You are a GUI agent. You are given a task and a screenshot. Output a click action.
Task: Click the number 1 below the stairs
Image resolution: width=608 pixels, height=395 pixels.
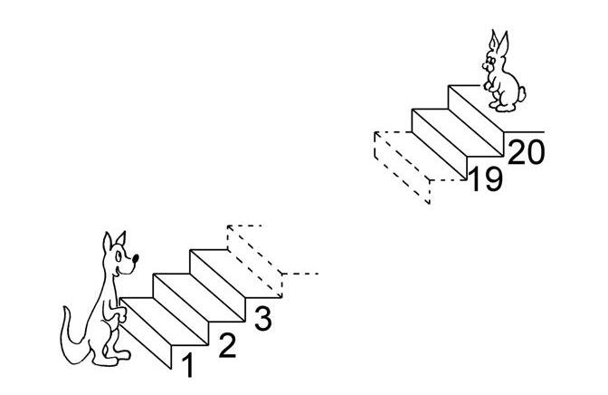coord(188,365)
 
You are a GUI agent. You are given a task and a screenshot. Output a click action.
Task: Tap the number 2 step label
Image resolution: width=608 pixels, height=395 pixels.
coord(227,346)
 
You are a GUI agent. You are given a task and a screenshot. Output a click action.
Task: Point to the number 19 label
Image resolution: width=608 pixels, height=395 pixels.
coord(486,179)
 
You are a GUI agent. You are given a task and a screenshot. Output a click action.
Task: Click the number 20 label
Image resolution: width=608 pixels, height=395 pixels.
coord(527,152)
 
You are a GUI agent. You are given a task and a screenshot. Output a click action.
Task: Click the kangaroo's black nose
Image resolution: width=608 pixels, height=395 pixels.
coord(136,258)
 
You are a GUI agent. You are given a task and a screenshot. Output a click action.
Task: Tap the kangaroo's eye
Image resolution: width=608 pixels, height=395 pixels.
coord(119,256)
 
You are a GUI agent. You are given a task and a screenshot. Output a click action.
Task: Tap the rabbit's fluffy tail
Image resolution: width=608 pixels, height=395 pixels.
coord(522,94)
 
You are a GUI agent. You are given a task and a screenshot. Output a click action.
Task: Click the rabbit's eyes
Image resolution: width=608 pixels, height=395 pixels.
coord(491,61)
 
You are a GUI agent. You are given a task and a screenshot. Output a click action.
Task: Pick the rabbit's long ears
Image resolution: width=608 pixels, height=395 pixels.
coord(499,43)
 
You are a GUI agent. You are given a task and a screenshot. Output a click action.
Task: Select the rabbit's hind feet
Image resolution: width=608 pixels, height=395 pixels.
coord(501,106)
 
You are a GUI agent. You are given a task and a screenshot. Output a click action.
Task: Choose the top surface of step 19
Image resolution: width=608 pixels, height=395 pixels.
coord(458,133)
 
